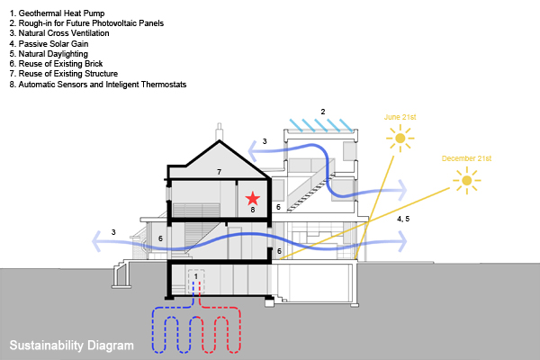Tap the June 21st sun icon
click(x=399, y=138)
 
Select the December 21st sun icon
click(x=466, y=181)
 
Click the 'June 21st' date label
click(x=400, y=117)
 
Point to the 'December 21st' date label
click(x=466, y=159)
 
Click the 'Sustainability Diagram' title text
click(x=71, y=345)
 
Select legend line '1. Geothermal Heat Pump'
click(x=57, y=13)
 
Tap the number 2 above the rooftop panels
click(x=322, y=112)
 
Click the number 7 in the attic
click(x=218, y=171)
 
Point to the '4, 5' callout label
click(x=403, y=219)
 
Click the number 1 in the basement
click(x=196, y=276)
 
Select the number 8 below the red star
click(x=253, y=210)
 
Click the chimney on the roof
click(x=219, y=131)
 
